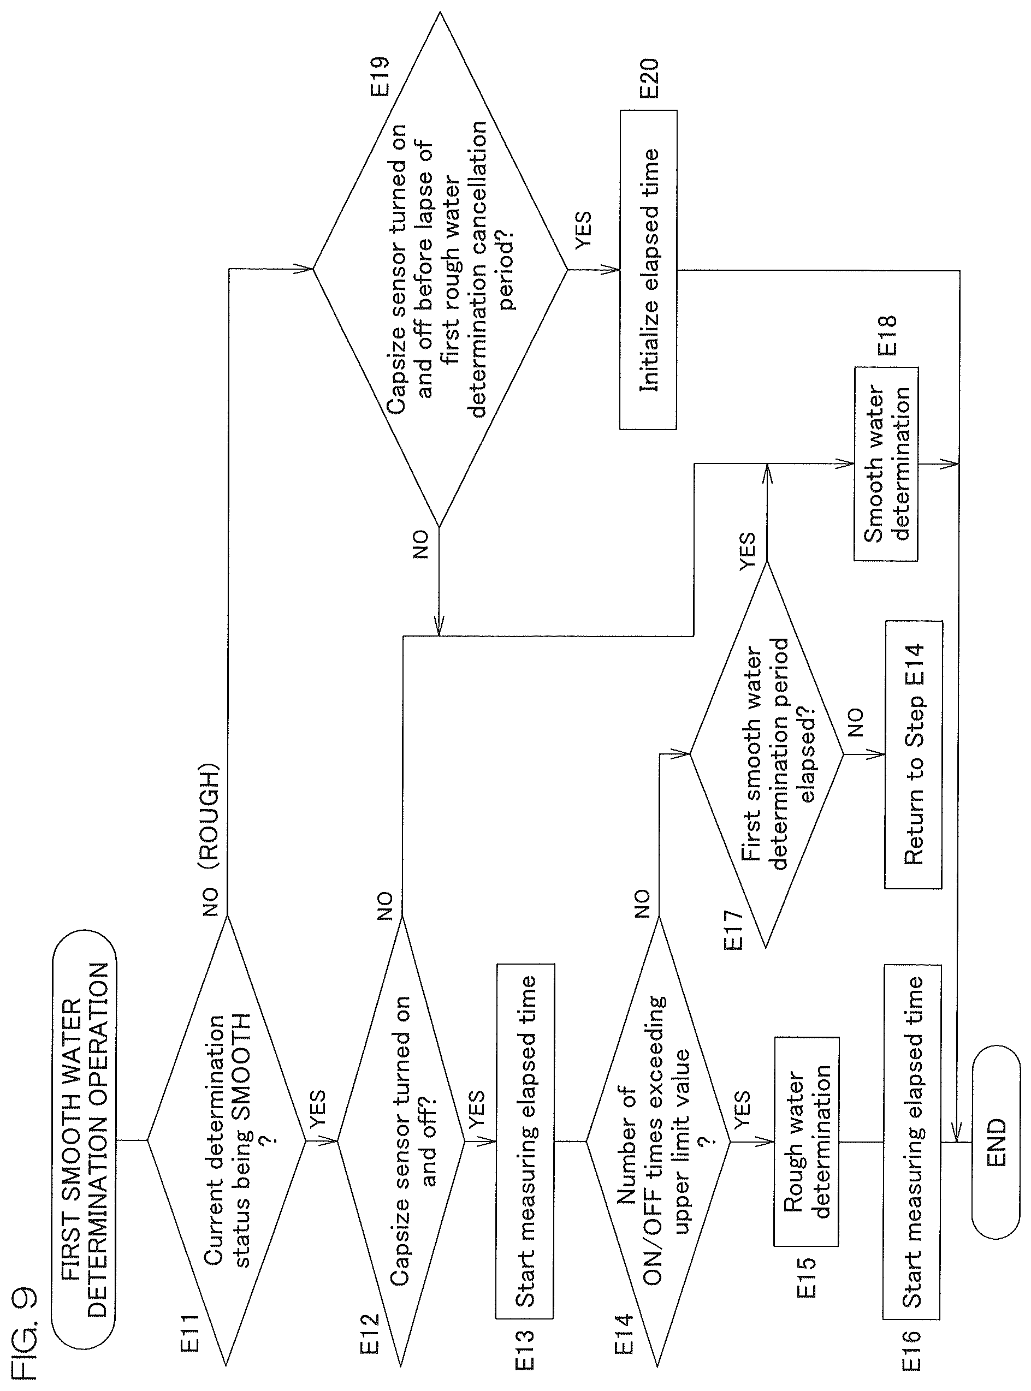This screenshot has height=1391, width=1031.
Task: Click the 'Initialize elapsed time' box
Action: coord(648,270)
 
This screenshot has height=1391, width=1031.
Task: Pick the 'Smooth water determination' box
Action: coord(886,464)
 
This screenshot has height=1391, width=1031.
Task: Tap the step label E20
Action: coord(649,78)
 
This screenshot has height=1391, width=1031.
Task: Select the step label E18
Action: coord(887,336)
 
